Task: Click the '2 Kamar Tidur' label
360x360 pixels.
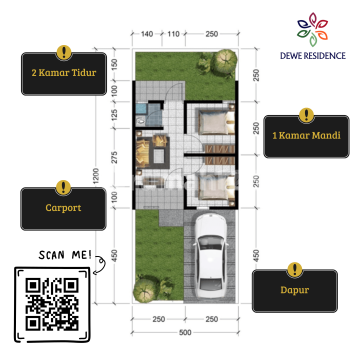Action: click(x=64, y=73)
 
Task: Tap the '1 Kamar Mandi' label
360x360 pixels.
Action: click(x=306, y=135)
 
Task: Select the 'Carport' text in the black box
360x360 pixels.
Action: click(x=63, y=208)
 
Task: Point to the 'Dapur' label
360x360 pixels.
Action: click(x=295, y=290)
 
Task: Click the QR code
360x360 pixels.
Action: click(x=52, y=304)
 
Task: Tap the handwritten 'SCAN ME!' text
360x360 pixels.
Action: click(x=65, y=256)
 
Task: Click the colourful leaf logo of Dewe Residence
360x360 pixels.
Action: click(x=312, y=29)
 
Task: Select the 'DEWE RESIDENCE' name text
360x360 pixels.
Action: click(x=313, y=56)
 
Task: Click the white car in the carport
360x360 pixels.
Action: click(x=210, y=255)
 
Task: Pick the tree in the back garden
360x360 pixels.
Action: click(x=223, y=61)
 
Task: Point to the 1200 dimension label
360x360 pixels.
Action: click(x=96, y=176)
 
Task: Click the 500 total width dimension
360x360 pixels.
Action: click(x=185, y=332)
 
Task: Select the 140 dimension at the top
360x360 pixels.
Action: click(x=147, y=34)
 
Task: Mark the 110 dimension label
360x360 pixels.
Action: click(x=174, y=34)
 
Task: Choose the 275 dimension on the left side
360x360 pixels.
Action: click(x=115, y=158)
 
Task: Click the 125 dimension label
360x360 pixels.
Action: click(x=115, y=115)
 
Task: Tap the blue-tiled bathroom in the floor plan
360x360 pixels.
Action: click(x=149, y=114)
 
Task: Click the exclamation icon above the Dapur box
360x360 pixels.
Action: click(x=295, y=269)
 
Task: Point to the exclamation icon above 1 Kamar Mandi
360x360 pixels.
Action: click(x=306, y=115)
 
